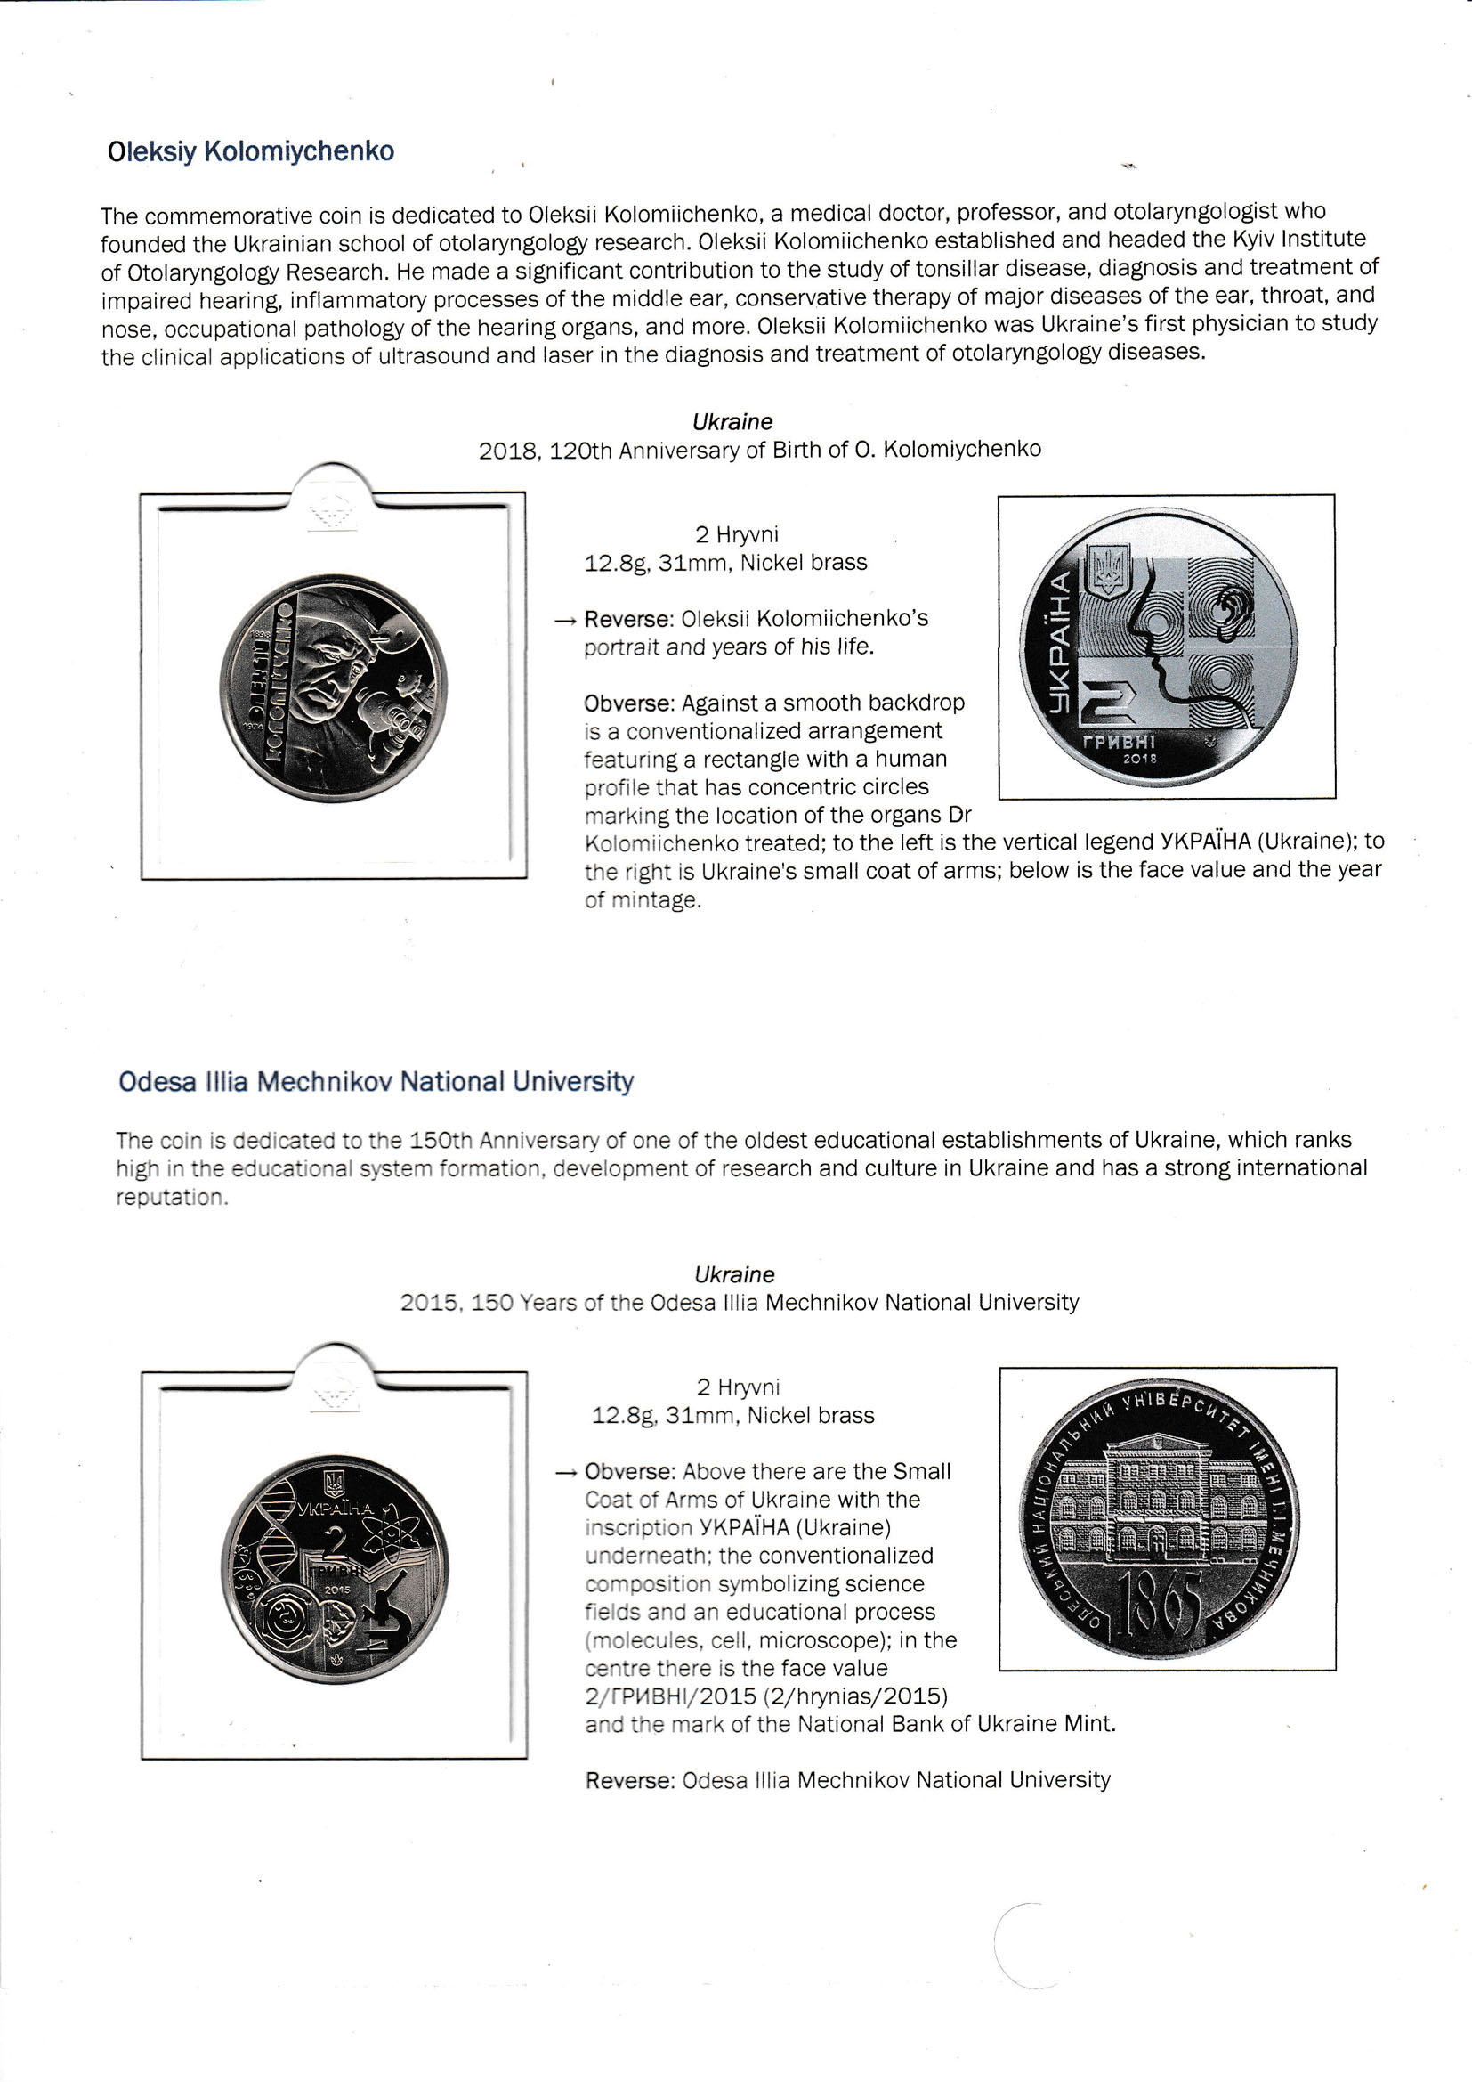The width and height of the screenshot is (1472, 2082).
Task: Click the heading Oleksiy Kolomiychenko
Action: [250, 151]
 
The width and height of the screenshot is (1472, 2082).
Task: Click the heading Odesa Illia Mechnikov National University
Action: [376, 1082]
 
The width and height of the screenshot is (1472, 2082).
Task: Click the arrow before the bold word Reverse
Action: [566, 622]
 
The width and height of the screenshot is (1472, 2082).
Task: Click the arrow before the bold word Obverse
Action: [567, 1473]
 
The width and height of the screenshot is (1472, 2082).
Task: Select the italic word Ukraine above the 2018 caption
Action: [732, 422]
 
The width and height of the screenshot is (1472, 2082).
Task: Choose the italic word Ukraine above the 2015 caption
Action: [734, 1275]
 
